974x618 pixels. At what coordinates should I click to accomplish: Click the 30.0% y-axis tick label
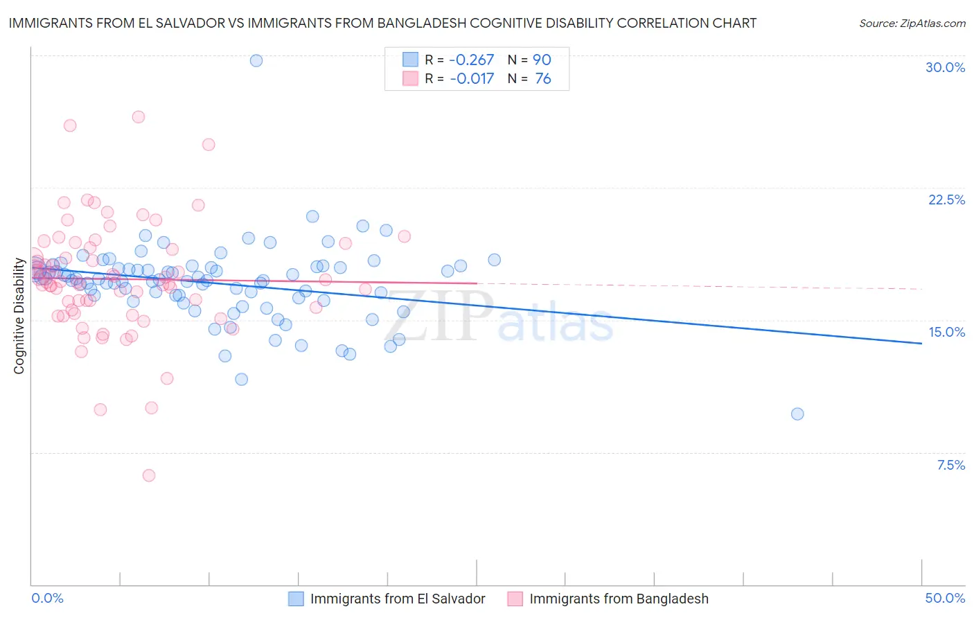(945, 67)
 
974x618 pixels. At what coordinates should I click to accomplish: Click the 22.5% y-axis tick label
(946, 200)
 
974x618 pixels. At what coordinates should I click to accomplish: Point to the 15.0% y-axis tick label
(946, 332)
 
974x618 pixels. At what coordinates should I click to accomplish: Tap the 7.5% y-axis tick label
(950, 465)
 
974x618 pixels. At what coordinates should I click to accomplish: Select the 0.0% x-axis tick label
(47, 598)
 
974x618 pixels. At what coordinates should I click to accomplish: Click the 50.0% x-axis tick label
(945, 598)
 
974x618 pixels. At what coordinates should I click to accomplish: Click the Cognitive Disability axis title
(19, 316)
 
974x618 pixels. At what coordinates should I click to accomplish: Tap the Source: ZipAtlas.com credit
(912, 23)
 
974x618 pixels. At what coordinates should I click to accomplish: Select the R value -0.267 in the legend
(472, 60)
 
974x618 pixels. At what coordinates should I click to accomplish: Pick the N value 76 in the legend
(543, 79)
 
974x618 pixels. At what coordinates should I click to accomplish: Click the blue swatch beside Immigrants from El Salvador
(296, 599)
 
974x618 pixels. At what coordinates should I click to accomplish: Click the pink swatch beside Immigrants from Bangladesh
(515, 599)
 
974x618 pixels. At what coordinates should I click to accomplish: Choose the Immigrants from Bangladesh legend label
(619, 599)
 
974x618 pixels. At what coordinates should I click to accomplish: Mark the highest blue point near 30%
(256, 60)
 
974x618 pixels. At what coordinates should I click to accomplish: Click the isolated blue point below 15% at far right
(797, 414)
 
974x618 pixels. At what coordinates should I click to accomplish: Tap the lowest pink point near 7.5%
(149, 475)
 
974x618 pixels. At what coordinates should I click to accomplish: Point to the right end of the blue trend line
(921, 343)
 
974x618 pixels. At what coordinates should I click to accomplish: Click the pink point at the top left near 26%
(70, 125)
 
